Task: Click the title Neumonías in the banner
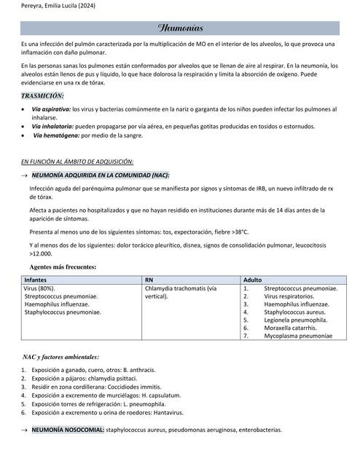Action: pos(180,28)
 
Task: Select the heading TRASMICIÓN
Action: pos(42,96)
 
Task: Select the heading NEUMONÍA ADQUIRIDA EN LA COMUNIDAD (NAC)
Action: pos(101,175)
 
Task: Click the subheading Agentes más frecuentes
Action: pos(63,267)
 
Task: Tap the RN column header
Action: pos(149,280)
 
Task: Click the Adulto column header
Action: pos(252,280)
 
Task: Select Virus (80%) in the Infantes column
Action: pos(39,288)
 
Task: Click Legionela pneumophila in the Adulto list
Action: pos(295,320)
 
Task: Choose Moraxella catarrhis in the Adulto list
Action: pos(291,328)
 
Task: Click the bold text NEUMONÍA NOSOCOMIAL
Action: pos(69,430)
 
